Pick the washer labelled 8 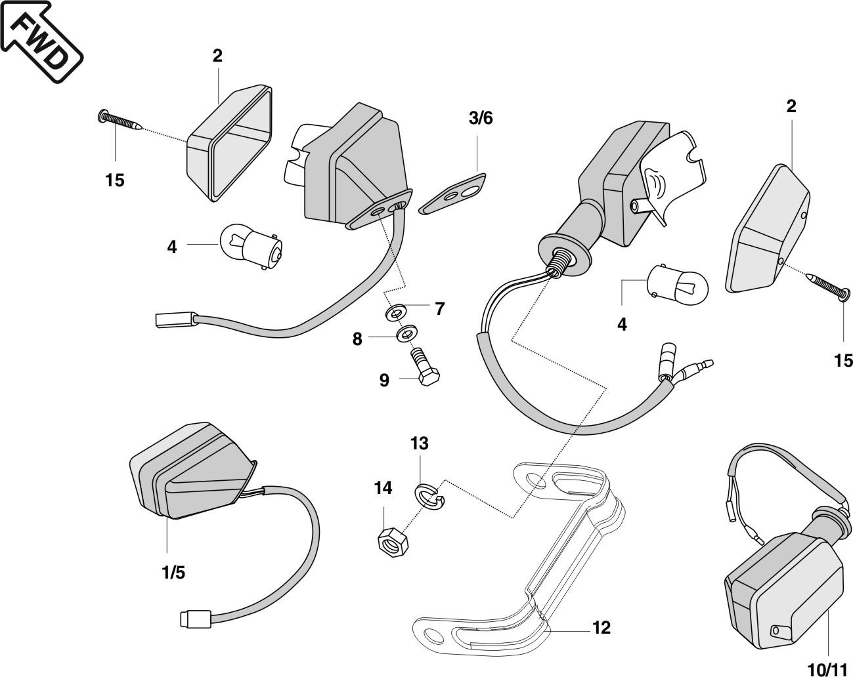[x=407, y=333]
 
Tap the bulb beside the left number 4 [x=253, y=245]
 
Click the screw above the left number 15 [x=121, y=121]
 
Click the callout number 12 [x=601, y=628]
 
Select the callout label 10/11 [x=827, y=669]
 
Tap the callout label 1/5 [x=173, y=572]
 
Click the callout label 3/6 [x=480, y=118]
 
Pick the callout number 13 [x=420, y=443]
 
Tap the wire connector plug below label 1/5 [x=195, y=618]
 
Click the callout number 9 [x=384, y=380]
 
